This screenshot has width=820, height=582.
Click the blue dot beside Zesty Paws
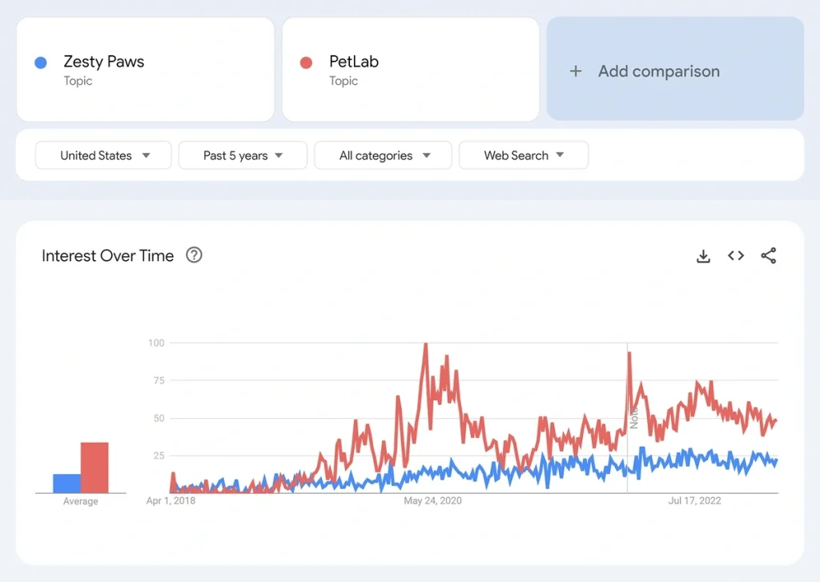(x=41, y=62)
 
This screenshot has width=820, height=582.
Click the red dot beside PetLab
(x=306, y=62)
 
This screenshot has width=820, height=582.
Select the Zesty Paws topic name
(x=104, y=62)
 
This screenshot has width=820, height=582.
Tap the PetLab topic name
(x=354, y=62)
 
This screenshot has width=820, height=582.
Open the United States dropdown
(x=103, y=155)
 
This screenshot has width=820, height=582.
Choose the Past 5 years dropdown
(x=243, y=155)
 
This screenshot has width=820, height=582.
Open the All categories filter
(x=383, y=155)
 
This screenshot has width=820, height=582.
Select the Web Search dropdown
(x=523, y=155)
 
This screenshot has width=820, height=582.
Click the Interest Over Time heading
(x=107, y=256)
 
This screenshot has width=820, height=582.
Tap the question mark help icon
(x=194, y=255)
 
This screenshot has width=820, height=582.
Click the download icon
(x=703, y=256)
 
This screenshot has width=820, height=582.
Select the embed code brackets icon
(x=736, y=256)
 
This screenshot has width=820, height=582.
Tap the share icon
(x=769, y=256)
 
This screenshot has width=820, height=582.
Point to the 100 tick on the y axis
(x=155, y=343)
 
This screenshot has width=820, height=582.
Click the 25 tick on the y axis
(x=158, y=456)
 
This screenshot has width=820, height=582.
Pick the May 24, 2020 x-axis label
(x=433, y=501)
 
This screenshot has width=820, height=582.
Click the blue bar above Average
(x=67, y=484)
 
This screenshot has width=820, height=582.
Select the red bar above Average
(x=94, y=468)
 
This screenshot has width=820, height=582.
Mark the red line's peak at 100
(x=425, y=344)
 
